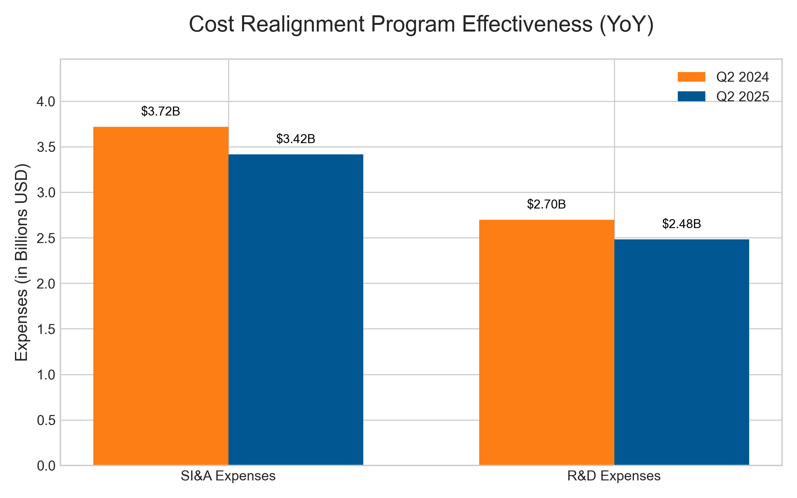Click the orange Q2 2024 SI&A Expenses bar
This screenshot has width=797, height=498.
coord(161,295)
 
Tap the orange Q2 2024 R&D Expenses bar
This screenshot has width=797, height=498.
coord(546,342)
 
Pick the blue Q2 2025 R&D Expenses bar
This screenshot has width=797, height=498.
coord(681,352)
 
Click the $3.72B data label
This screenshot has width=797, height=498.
coord(160,112)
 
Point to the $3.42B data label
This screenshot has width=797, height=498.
coord(296,139)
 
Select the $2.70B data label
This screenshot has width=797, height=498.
coord(546,205)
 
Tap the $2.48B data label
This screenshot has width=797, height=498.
coord(681,224)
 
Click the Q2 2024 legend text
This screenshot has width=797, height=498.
coord(743,77)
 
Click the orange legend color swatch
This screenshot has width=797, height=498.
coord(691,77)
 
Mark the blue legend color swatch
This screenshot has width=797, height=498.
coord(691,96)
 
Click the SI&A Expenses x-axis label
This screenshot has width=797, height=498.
coord(228,476)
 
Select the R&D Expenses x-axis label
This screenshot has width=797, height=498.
coord(614,476)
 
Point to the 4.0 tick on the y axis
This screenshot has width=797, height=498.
coord(46,102)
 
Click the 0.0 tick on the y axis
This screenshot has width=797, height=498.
coord(46,466)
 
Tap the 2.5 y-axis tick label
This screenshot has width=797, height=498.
coord(46,238)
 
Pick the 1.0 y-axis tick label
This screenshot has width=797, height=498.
coord(46,375)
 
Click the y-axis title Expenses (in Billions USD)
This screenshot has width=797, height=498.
coord(22,262)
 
